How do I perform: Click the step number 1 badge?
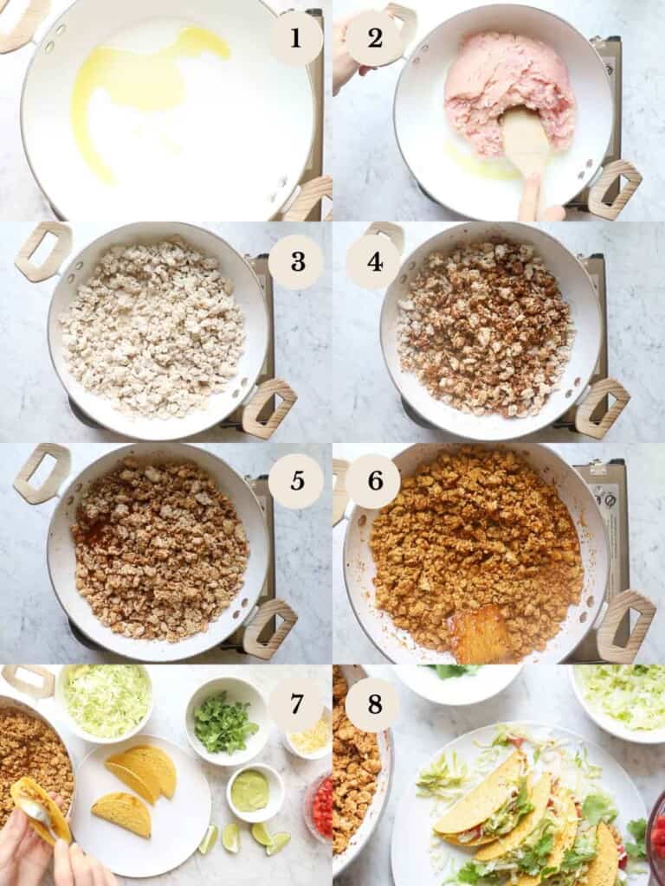(x=295, y=39)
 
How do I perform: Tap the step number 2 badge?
(x=374, y=39)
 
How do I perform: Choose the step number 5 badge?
(x=295, y=481)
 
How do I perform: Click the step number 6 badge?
(x=373, y=481)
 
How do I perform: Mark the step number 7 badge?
(x=295, y=704)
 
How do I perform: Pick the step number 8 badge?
(x=373, y=704)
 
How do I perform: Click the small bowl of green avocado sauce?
(x=250, y=790)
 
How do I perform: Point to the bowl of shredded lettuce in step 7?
(x=107, y=700)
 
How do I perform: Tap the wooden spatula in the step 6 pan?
(x=481, y=633)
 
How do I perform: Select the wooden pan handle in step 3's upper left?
(x=42, y=252)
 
